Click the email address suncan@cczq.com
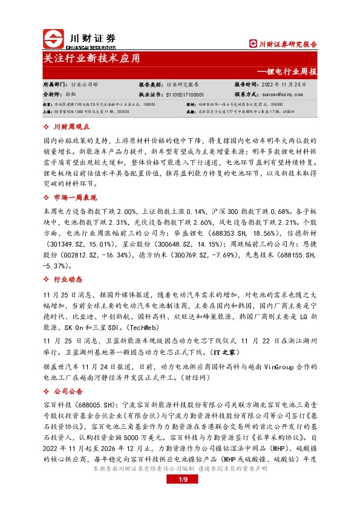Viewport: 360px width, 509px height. coord(283,95)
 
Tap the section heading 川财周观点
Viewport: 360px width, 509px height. coord(72,128)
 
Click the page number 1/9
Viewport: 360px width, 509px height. coord(180,497)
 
